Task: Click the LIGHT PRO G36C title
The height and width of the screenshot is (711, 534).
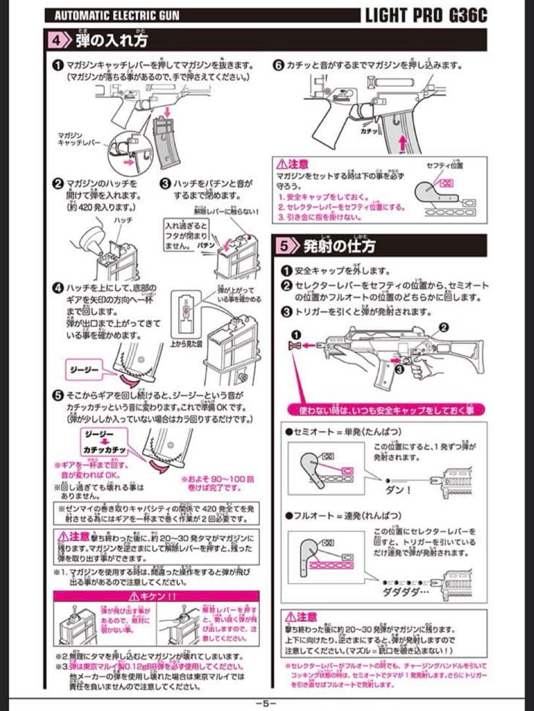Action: (426, 16)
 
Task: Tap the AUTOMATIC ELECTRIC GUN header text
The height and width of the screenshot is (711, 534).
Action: (117, 16)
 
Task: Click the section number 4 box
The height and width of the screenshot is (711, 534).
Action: (61, 39)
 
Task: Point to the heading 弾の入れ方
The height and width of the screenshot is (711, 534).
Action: (111, 39)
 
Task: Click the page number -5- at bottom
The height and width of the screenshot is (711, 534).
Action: (266, 702)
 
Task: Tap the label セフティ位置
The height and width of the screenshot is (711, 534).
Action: (444, 165)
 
